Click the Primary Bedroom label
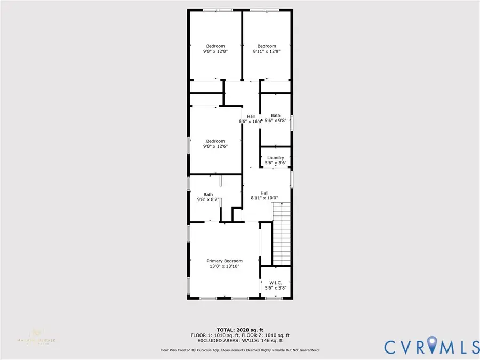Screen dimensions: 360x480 click(224, 261)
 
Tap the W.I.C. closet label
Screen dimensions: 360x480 click(275, 283)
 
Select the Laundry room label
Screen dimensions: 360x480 click(275, 158)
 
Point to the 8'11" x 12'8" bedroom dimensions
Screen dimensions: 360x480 click(266, 52)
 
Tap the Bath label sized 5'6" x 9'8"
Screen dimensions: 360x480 click(275, 115)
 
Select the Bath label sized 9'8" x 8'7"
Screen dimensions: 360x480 click(208, 195)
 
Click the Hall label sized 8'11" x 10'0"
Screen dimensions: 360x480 click(265, 193)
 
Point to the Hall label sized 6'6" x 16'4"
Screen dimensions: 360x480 click(251, 116)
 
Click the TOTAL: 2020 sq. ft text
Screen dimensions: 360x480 click(239, 330)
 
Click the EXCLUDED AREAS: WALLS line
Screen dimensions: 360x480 click(239, 340)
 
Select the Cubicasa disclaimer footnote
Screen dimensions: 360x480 click(239, 350)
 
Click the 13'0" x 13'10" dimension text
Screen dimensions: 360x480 click(224, 266)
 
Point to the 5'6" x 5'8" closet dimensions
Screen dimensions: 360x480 click(275, 288)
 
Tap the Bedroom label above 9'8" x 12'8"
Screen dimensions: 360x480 click(215, 46)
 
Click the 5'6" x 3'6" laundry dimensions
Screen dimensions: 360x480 click(275, 163)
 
